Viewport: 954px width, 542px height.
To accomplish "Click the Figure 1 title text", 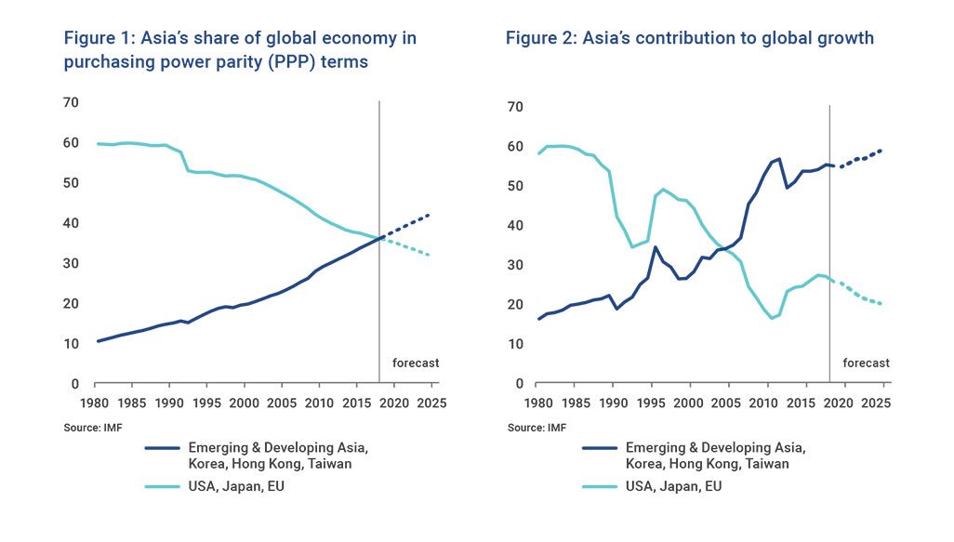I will [239, 50].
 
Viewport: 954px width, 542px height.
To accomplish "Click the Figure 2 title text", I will [689, 38].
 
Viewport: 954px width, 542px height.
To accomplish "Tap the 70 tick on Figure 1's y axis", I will [71, 102].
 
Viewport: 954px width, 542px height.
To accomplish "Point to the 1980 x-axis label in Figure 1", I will [95, 403].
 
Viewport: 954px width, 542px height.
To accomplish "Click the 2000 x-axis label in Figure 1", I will [244, 403].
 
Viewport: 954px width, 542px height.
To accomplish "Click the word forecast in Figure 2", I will [866, 363].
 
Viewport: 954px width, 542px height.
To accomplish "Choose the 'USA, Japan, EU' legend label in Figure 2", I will [673, 486].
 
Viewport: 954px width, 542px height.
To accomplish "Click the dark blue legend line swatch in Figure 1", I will [166, 448].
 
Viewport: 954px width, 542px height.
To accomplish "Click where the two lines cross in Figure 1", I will [379, 238].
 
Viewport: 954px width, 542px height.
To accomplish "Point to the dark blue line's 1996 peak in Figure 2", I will [656, 247].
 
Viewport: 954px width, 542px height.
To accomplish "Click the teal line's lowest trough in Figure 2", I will [772, 319].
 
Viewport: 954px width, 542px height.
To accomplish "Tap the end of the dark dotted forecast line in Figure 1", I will [429, 215].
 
